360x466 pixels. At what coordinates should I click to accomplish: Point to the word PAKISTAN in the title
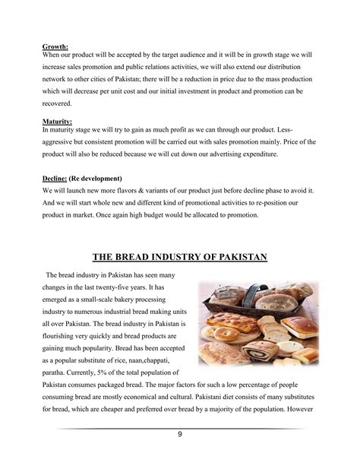(238, 258)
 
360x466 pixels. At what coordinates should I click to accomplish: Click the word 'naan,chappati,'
(150, 360)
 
